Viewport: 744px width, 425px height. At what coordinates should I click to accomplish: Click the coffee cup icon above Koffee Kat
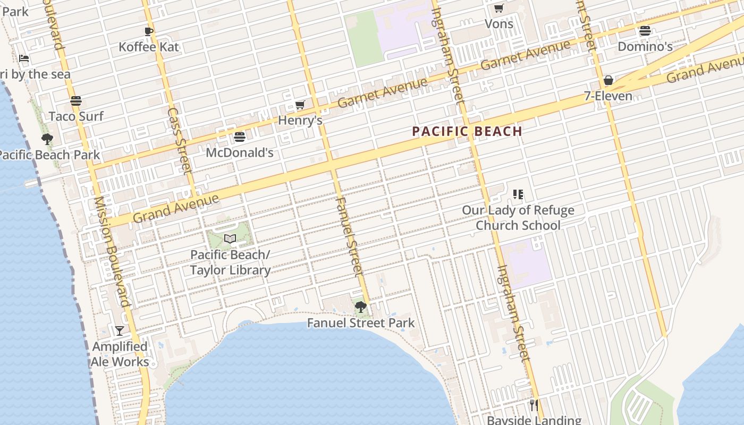point(149,31)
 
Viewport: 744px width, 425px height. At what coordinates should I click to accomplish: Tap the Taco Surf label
point(76,116)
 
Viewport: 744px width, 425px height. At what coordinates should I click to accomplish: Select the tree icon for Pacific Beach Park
point(47,139)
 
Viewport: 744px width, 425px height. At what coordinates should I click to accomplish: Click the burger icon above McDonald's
point(240,137)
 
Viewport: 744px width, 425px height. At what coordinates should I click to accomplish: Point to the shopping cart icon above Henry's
point(300,105)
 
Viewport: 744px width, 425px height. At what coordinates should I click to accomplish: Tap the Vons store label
point(499,24)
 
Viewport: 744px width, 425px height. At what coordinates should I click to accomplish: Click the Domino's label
point(645,47)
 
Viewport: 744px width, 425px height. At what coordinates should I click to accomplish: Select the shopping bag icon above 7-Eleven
point(608,81)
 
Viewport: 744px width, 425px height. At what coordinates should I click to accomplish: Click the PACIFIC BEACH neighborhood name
point(467,131)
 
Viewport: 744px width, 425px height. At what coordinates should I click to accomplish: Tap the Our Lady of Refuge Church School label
point(518,218)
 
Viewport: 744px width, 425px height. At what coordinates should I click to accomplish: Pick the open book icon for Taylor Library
point(230,239)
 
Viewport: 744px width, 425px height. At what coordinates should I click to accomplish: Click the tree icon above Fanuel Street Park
point(360,307)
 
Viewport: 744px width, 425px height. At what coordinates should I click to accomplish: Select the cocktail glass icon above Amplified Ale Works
point(120,330)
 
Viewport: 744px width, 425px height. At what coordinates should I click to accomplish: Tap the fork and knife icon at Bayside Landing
point(534,405)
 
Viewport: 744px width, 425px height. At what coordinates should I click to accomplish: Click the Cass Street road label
point(179,141)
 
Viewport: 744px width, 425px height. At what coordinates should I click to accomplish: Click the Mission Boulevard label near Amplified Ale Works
point(112,252)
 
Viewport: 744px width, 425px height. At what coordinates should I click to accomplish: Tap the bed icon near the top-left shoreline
point(24,58)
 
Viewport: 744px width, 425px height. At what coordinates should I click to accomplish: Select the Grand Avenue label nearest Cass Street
point(175,209)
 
